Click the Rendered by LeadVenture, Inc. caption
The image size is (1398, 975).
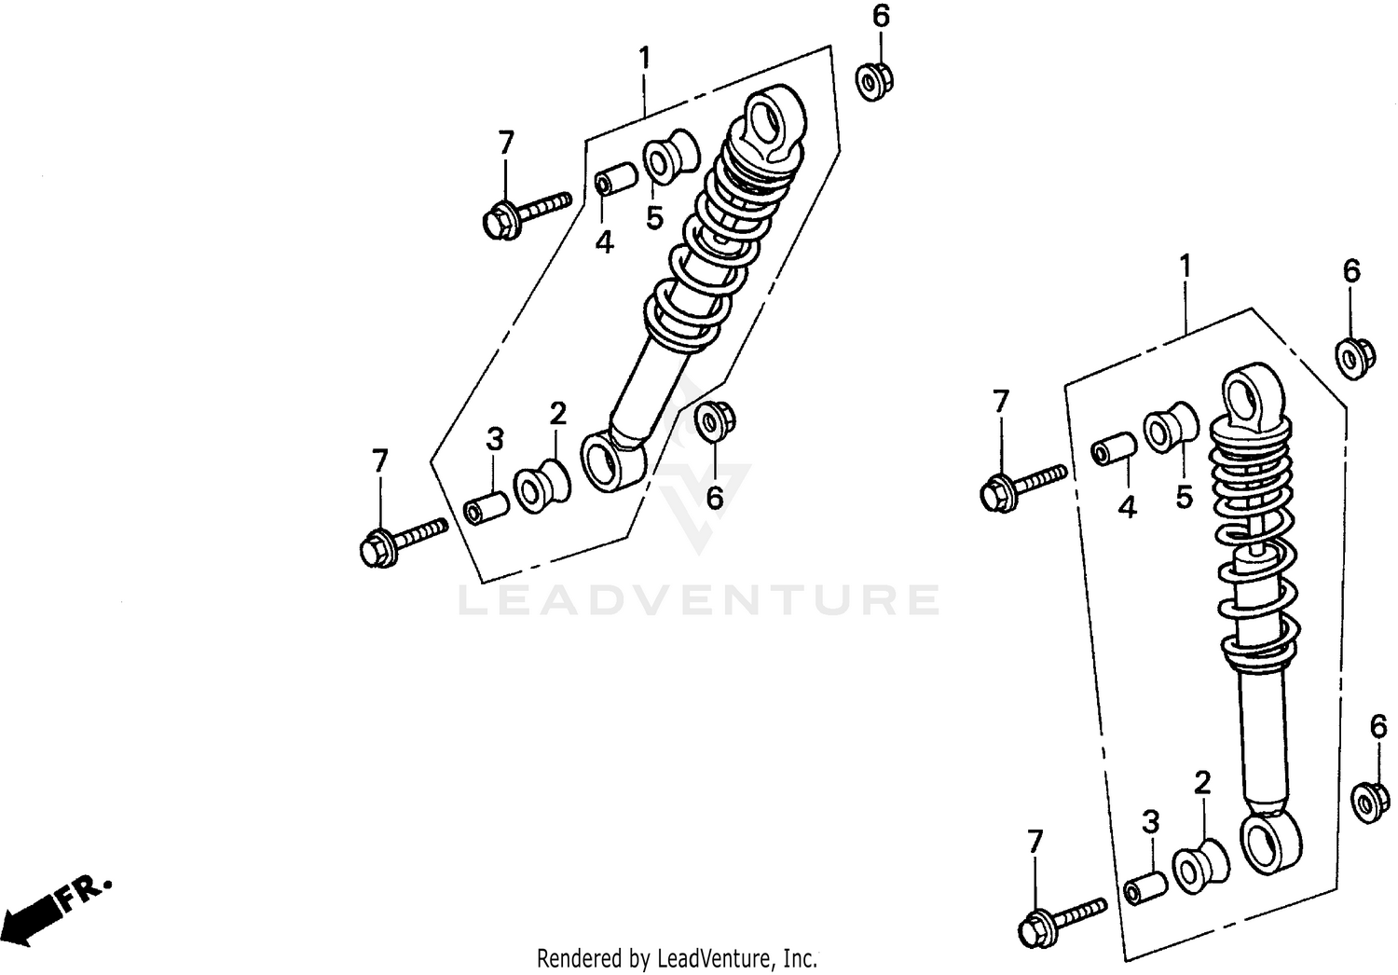(677, 958)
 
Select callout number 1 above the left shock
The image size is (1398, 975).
(644, 58)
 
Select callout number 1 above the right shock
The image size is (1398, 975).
(1185, 268)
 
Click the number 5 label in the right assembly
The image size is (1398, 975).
(1184, 497)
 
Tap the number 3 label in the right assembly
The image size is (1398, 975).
(1151, 822)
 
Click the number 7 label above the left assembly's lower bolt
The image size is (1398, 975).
(379, 461)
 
